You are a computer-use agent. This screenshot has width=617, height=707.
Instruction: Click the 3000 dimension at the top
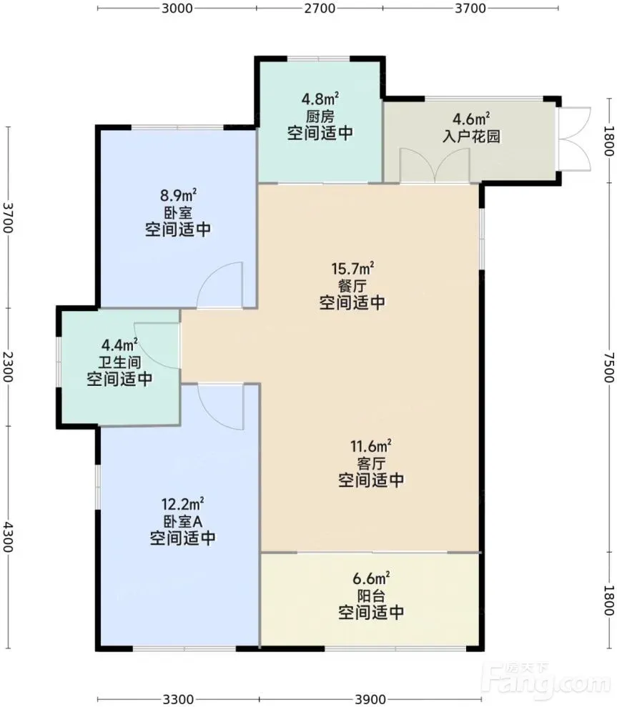[177, 8]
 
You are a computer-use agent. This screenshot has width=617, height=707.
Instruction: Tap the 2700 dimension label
[320, 8]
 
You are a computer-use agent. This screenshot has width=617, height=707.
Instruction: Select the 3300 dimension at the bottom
[178, 699]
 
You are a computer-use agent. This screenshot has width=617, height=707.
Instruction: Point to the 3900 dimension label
[371, 699]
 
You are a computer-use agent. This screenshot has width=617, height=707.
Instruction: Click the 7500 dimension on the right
[609, 367]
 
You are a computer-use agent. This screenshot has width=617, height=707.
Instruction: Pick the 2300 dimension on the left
[7, 367]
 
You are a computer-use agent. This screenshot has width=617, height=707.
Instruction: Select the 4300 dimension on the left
[7, 537]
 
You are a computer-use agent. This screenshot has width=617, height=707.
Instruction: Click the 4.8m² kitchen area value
[320, 99]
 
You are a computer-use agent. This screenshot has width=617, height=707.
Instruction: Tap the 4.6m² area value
[471, 119]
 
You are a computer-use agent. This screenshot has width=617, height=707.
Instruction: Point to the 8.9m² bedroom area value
[178, 195]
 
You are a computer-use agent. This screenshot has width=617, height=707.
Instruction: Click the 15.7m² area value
[352, 269]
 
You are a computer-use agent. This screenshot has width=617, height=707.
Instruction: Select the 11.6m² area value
[371, 446]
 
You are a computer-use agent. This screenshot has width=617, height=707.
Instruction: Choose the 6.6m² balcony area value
[371, 578]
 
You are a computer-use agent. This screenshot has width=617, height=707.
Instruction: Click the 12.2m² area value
[182, 504]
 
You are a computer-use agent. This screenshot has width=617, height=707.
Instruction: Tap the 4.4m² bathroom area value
[119, 345]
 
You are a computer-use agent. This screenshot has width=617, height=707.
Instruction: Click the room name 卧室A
[182, 521]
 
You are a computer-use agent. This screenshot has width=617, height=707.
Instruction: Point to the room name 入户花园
[471, 136]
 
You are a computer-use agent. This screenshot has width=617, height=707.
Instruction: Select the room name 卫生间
[119, 362]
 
